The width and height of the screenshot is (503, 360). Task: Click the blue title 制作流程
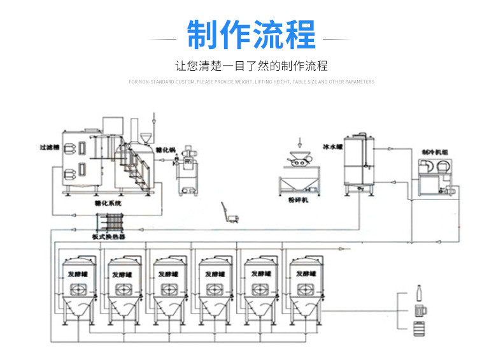251,36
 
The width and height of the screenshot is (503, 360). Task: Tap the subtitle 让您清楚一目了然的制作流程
251,66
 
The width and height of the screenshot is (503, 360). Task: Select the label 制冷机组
432,152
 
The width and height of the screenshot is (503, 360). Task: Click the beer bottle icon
419,294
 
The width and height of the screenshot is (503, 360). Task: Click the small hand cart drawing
231,213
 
